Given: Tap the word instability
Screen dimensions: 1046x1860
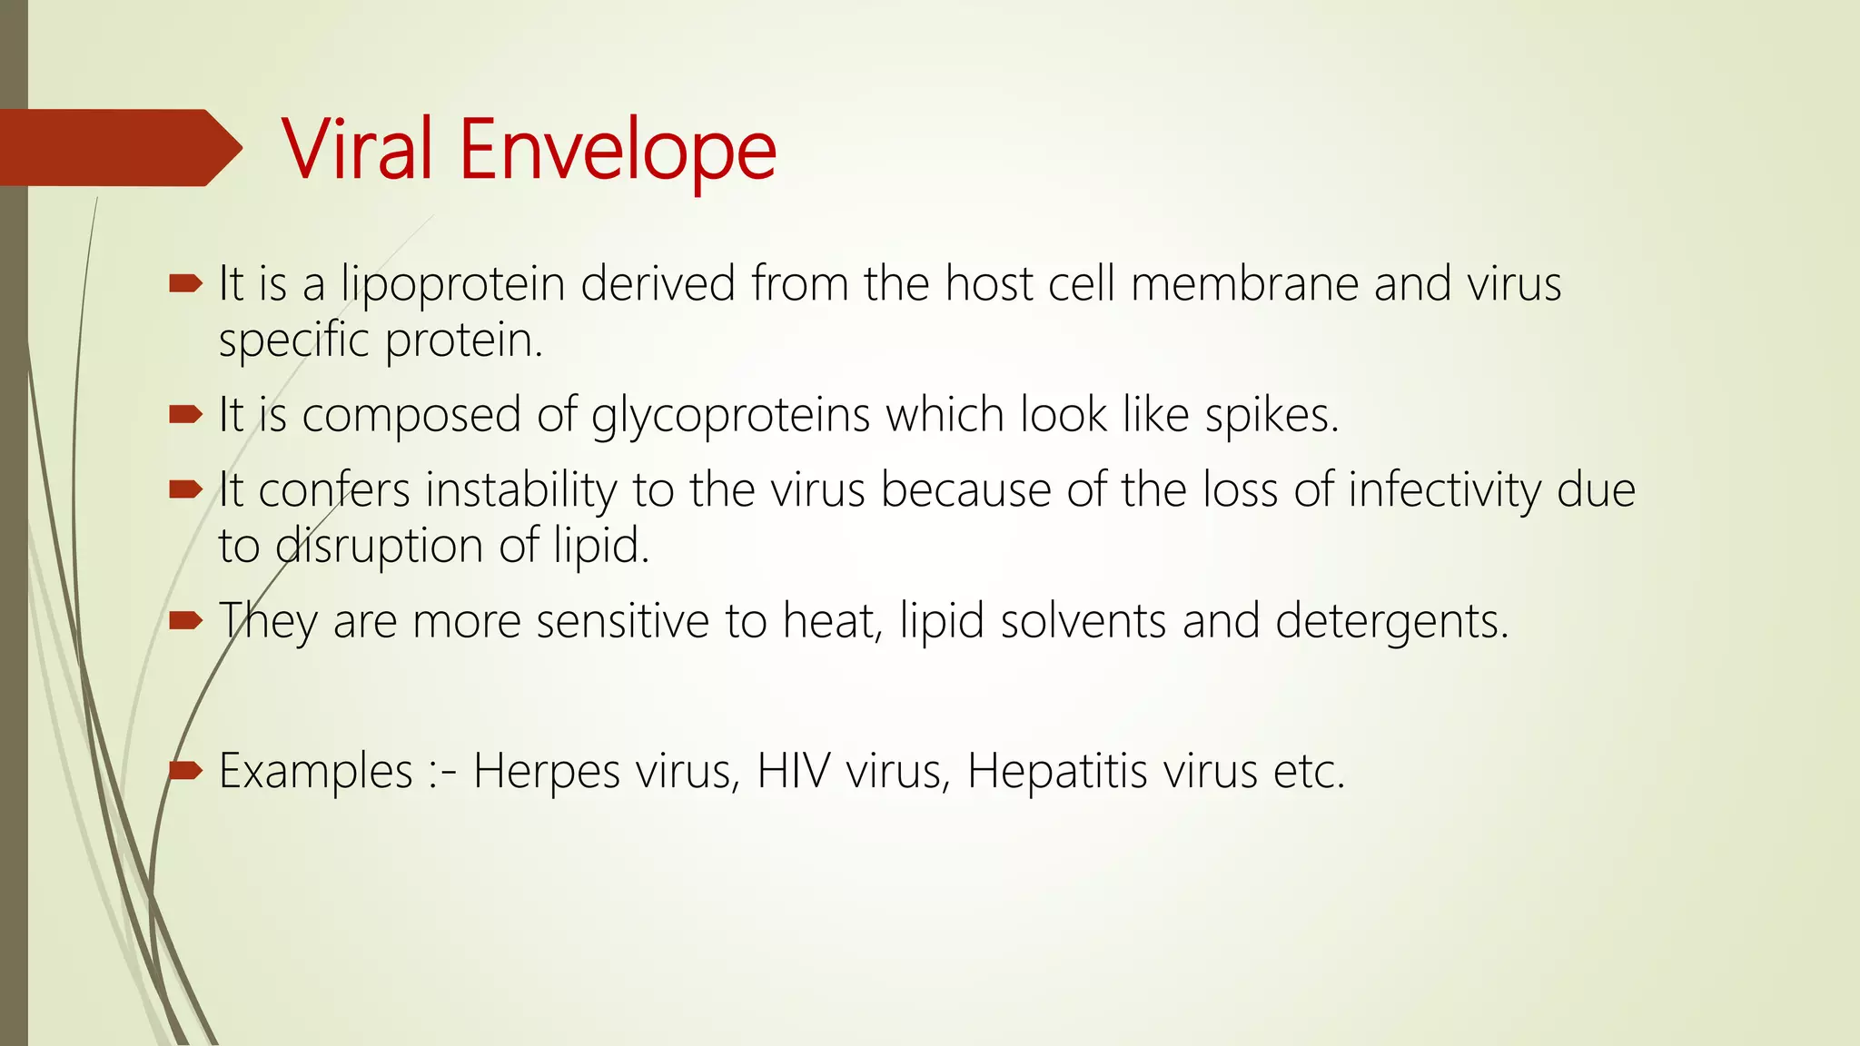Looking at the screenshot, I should [x=520, y=491].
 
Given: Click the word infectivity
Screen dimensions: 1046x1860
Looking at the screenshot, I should [x=1444, y=491].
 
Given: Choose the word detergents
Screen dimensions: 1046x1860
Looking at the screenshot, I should [x=1391, y=622].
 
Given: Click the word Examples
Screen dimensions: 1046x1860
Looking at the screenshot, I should [x=315, y=772].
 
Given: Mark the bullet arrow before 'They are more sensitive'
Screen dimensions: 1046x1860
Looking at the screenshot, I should [x=185, y=621].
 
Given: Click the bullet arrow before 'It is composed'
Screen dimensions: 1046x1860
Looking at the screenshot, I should [x=185, y=415].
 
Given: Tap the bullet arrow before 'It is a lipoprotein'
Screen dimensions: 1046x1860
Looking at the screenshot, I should [x=185, y=284].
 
